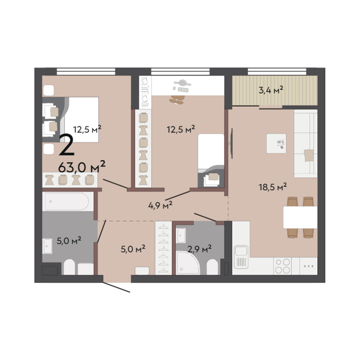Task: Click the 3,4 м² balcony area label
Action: (x=270, y=90)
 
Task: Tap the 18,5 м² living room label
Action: (x=272, y=187)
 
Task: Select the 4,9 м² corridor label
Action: (x=160, y=205)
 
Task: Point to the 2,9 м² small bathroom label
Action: (x=200, y=248)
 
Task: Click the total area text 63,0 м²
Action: (x=82, y=167)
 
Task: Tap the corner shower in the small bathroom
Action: (x=188, y=263)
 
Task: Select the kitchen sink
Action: (x=241, y=257)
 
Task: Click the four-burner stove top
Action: (x=283, y=266)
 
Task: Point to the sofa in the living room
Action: (x=306, y=143)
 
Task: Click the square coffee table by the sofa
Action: (x=276, y=143)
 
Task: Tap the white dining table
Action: (x=300, y=217)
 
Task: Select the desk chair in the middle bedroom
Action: (x=177, y=100)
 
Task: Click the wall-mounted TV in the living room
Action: (x=232, y=143)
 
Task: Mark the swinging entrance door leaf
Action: (x=117, y=287)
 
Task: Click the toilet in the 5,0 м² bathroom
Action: (x=69, y=267)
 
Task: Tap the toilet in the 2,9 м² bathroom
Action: (x=212, y=267)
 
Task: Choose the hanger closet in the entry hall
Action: (x=164, y=248)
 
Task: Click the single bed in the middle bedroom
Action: (x=211, y=161)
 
